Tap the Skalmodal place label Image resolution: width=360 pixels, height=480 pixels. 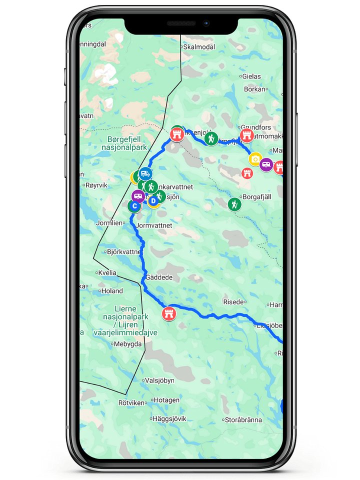click(x=199, y=46)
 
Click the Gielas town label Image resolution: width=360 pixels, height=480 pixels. click(x=251, y=76)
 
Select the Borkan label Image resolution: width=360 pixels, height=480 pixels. click(x=254, y=89)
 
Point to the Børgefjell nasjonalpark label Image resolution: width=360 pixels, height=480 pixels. click(x=128, y=144)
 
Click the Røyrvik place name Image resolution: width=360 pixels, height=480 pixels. click(x=97, y=184)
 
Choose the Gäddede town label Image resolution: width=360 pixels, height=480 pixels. click(x=159, y=277)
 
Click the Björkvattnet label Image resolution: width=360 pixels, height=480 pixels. click(x=124, y=252)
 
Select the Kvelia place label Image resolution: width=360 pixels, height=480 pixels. click(x=108, y=273)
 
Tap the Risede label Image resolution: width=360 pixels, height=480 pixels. click(x=233, y=302)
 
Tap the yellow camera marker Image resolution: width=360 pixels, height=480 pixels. click(x=255, y=159)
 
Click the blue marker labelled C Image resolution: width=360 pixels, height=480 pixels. click(x=134, y=205)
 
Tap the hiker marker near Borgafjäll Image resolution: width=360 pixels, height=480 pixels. click(x=234, y=204)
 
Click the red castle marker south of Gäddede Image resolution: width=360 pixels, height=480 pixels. click(x=169, y=314)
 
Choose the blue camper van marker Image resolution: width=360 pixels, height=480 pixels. click(x=145, y=173)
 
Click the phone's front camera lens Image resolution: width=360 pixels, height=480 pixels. click(x=205, y=23)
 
